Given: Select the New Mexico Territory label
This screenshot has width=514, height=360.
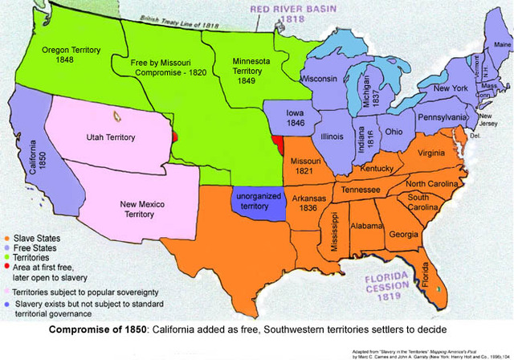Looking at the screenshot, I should click(143, 208).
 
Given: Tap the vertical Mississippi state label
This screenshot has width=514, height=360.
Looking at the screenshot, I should click(335, 234).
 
